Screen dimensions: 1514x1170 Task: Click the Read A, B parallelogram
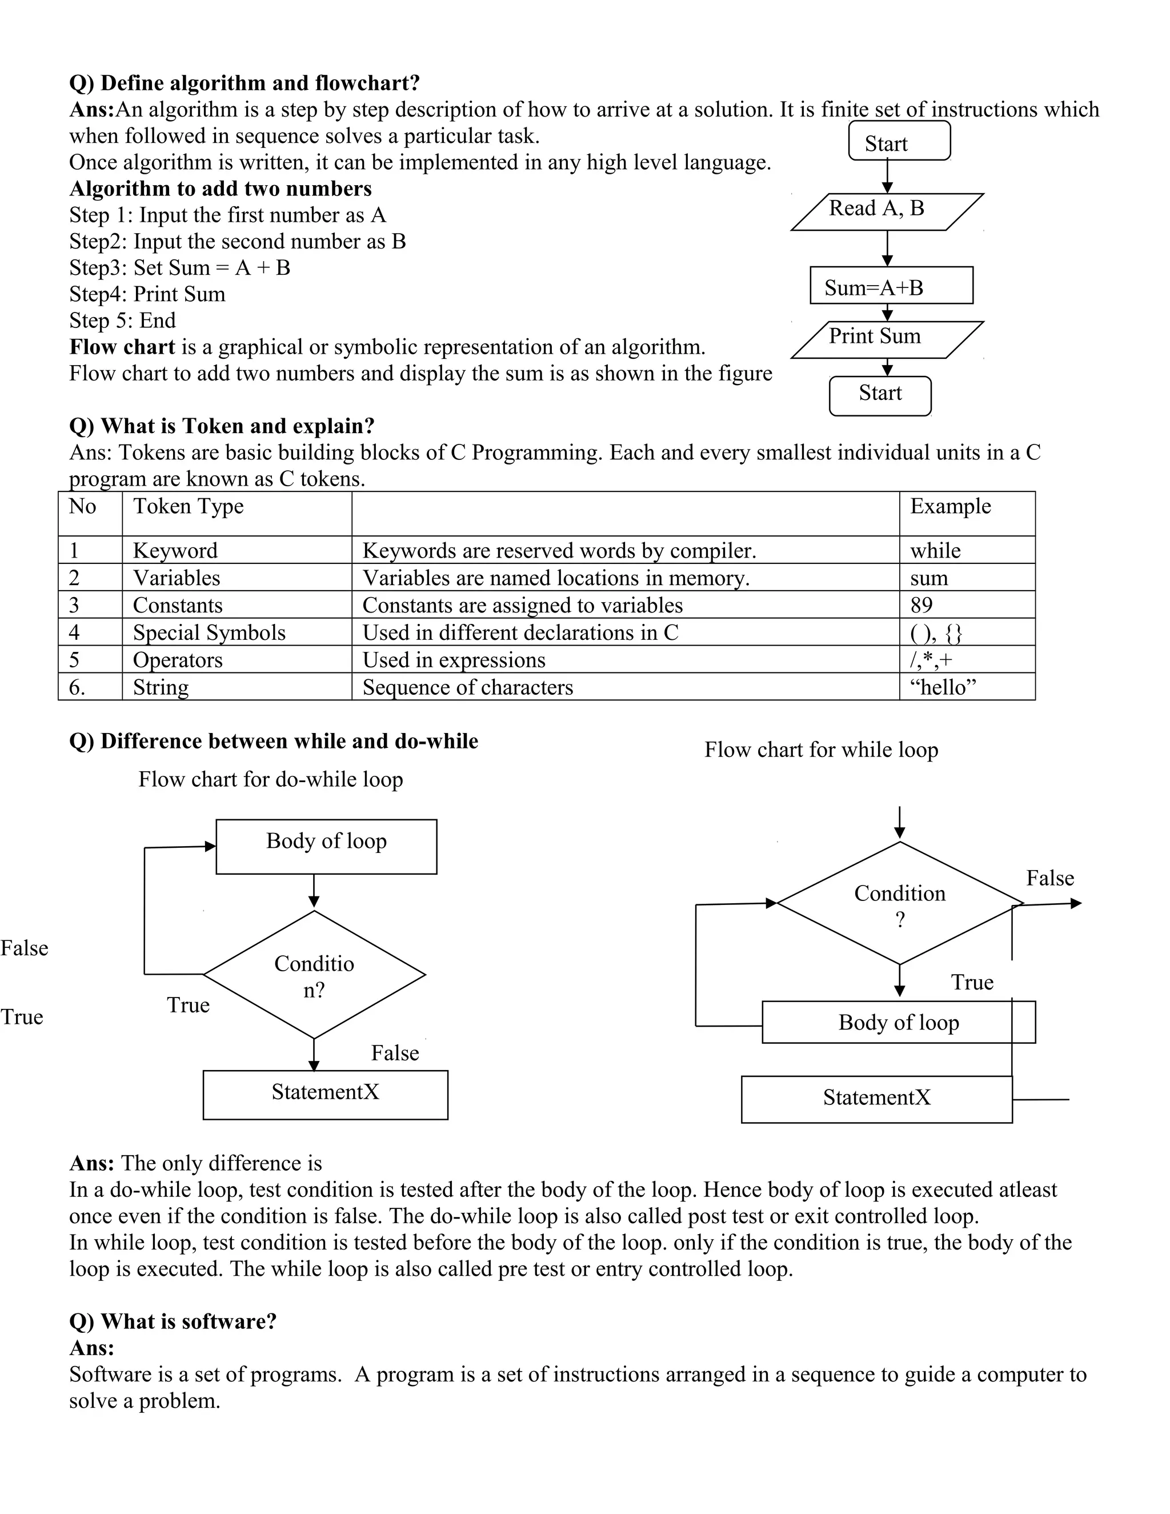[x=887, y=211]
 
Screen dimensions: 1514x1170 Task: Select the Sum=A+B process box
[x=891, y=286]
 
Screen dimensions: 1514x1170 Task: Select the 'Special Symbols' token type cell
[x=237, y=632]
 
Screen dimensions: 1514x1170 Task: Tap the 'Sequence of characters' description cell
[x=624, y=686]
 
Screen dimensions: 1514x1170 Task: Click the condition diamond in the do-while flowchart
[x=314, y=975]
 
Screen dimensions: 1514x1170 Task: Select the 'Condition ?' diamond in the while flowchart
[x=899, y=904]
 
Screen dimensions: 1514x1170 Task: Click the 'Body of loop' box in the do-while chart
[x=326, y=847]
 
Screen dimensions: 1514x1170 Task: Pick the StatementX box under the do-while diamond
[x=325, y=1095]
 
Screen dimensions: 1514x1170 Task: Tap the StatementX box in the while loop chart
[x=876, y=1099]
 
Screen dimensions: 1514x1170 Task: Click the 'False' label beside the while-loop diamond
[x=1049, y=878]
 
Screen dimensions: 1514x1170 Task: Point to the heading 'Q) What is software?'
[x=173, y=1321]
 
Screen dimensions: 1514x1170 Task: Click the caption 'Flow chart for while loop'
[x=821, y=750]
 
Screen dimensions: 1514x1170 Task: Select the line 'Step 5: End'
[x=123, y=321]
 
